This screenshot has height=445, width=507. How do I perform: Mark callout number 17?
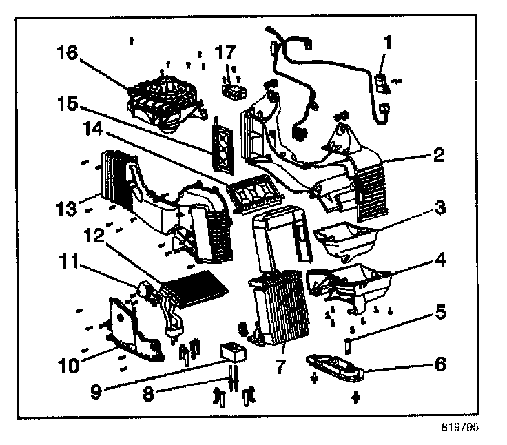click(x=225, y=53)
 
